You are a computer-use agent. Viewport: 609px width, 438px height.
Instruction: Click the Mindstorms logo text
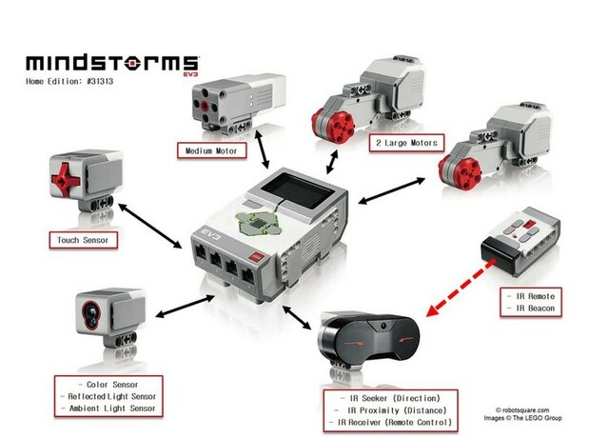[x=111, y=63]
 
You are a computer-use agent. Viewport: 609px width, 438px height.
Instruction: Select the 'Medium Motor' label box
[x=210, y=149]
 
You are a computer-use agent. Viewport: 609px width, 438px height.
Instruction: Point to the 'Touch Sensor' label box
[x=82, y=241]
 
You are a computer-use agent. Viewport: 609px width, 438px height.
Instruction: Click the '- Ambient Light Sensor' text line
[x=113, y=408]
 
